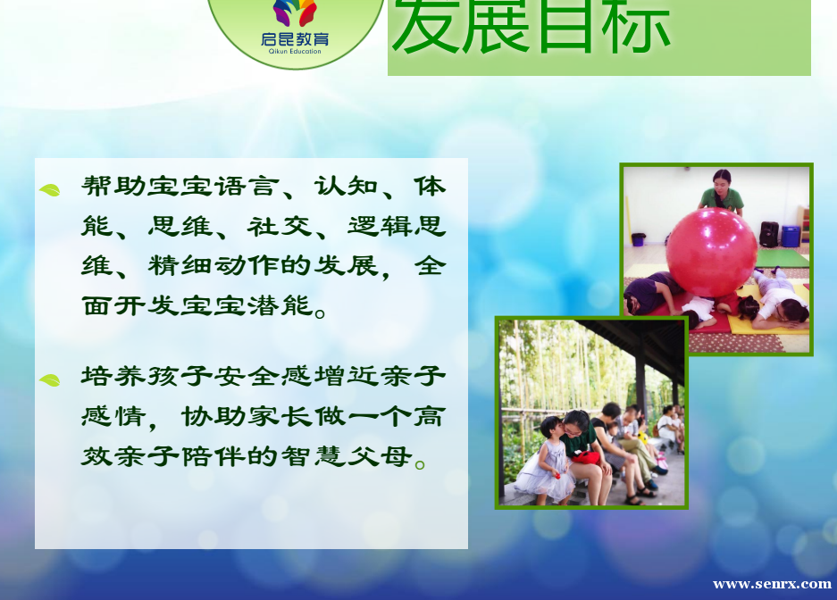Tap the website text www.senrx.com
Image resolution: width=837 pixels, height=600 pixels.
(x=772, y=584)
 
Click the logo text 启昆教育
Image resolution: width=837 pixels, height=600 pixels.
(x=295, y=39)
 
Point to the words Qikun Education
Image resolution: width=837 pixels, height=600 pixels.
(x=295, y=51)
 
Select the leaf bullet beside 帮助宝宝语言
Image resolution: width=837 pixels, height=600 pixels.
(x=50, y=190)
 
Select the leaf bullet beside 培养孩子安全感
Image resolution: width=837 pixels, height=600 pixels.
(x=50, y=380)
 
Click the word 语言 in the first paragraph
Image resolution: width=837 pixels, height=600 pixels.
(x=247, y=187)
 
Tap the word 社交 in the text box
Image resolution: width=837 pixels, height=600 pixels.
(x=280, y=226)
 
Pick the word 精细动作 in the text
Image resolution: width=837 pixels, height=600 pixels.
(x=213, y=265)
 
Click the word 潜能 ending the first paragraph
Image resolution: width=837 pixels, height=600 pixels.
(x=280, y=305)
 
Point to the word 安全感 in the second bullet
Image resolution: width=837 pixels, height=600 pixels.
(x=264, y=377)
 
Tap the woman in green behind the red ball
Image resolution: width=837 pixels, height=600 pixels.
(x=721, y=193)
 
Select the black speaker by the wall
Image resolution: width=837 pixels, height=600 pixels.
(x=769, y=235)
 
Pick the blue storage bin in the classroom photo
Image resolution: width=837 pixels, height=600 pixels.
(x=791, y=237)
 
